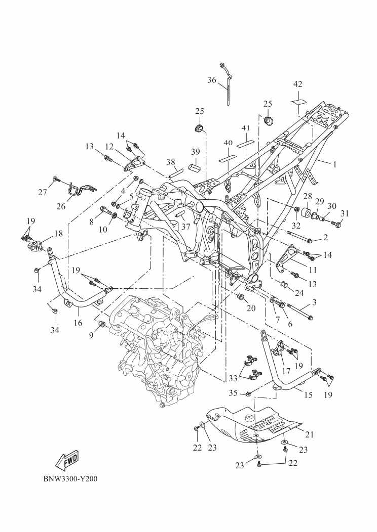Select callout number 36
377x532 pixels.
click(212, 79)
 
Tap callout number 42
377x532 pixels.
click(298, 84)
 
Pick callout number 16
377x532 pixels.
click(78, 321)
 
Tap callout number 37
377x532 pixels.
click(185, 227)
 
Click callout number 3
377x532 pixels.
click(314, 302)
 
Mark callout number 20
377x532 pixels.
click(250, 308)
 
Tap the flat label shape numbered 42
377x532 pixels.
click(298, 101)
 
